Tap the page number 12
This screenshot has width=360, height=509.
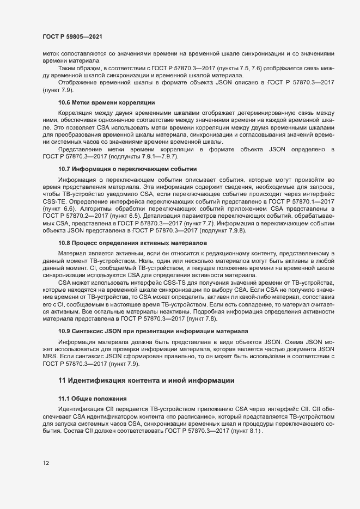(46, 463)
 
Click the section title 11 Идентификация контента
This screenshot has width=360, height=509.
(147, 379)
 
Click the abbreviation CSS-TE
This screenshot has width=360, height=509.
(57, 201)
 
